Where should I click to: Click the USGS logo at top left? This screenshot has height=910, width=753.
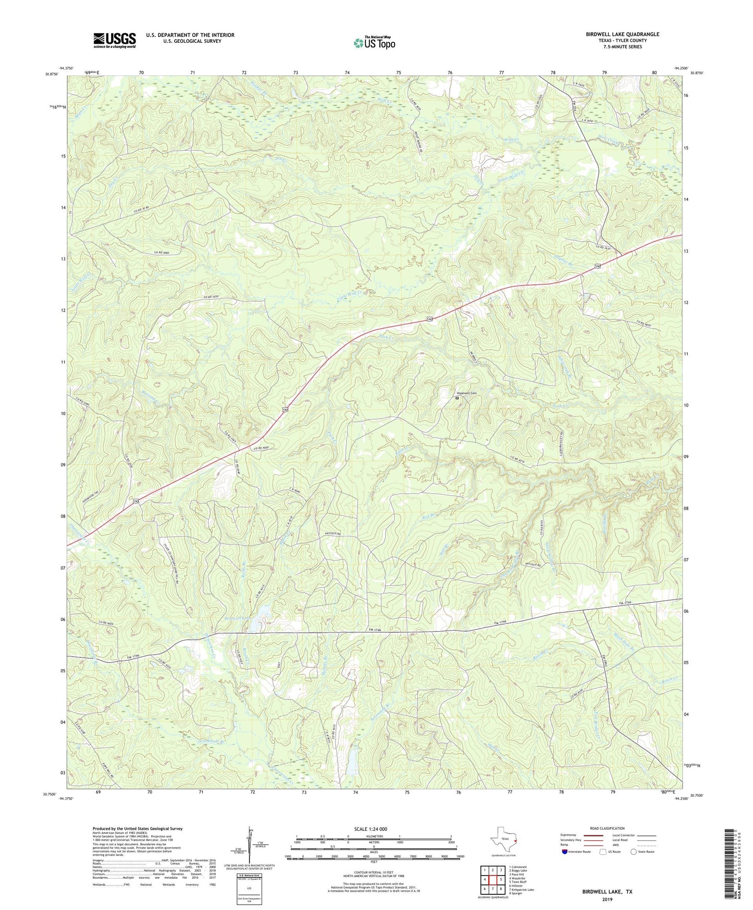pyautogui.click(x=114, y=40)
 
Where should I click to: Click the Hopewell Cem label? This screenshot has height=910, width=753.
pyautogui.click(x=466, y=393)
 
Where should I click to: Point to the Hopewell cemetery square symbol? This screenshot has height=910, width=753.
pyautogui.click(x=457, y=398)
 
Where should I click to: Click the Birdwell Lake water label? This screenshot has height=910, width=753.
pyautogui.click(x=237, y=618)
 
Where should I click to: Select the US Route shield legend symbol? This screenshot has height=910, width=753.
pyautogui.click(x=604, y=852)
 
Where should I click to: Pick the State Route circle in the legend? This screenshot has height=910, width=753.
pyautogui.click(x=633, y=852)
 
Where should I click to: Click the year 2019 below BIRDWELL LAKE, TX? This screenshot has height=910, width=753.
pyautogui.click(x=607, y=900)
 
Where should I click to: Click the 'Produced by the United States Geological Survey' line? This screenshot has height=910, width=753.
pyautogui.click(x=138, y=829)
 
